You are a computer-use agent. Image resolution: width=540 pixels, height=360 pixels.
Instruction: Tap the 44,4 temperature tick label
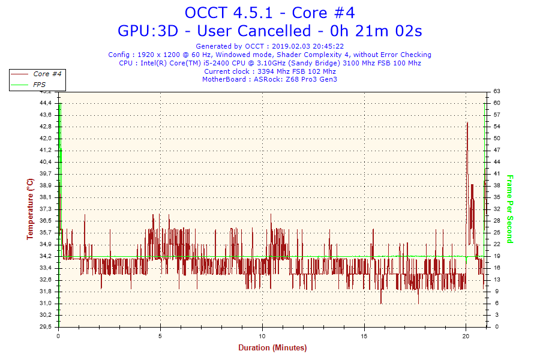(x=46, y=103)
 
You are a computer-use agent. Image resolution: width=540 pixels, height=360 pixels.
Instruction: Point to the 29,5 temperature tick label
(x=46, y=326)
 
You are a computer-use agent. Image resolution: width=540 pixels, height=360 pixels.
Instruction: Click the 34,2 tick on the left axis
(x=46, y=256)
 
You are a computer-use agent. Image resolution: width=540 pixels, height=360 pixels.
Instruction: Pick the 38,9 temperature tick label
(x=46, y=185)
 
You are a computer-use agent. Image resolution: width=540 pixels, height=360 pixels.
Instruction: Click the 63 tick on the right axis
(x=497, y=91)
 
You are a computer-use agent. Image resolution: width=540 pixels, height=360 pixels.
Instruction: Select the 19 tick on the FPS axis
(x=497, y=256)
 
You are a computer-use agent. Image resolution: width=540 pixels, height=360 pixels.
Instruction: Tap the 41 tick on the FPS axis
(x=497, y=173)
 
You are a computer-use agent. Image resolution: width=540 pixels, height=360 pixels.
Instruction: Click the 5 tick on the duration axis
(x=160, y=336)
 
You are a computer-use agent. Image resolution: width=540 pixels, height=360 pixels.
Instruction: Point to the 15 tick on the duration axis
(x=364, y=336)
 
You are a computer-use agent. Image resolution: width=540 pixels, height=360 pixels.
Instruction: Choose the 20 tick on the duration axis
(x=466, y=336)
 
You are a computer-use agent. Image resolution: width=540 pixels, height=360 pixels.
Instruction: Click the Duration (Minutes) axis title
(x=272, y=348)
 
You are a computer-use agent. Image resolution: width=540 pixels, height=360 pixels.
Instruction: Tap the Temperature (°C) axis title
(x=31, y=209)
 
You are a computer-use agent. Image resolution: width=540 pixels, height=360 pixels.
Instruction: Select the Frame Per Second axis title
(x=509, y=209)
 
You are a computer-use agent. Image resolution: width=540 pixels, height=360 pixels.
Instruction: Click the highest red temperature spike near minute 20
(x=467, y=122)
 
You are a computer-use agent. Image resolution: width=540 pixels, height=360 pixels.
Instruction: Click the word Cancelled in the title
(x=254, y=31)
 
